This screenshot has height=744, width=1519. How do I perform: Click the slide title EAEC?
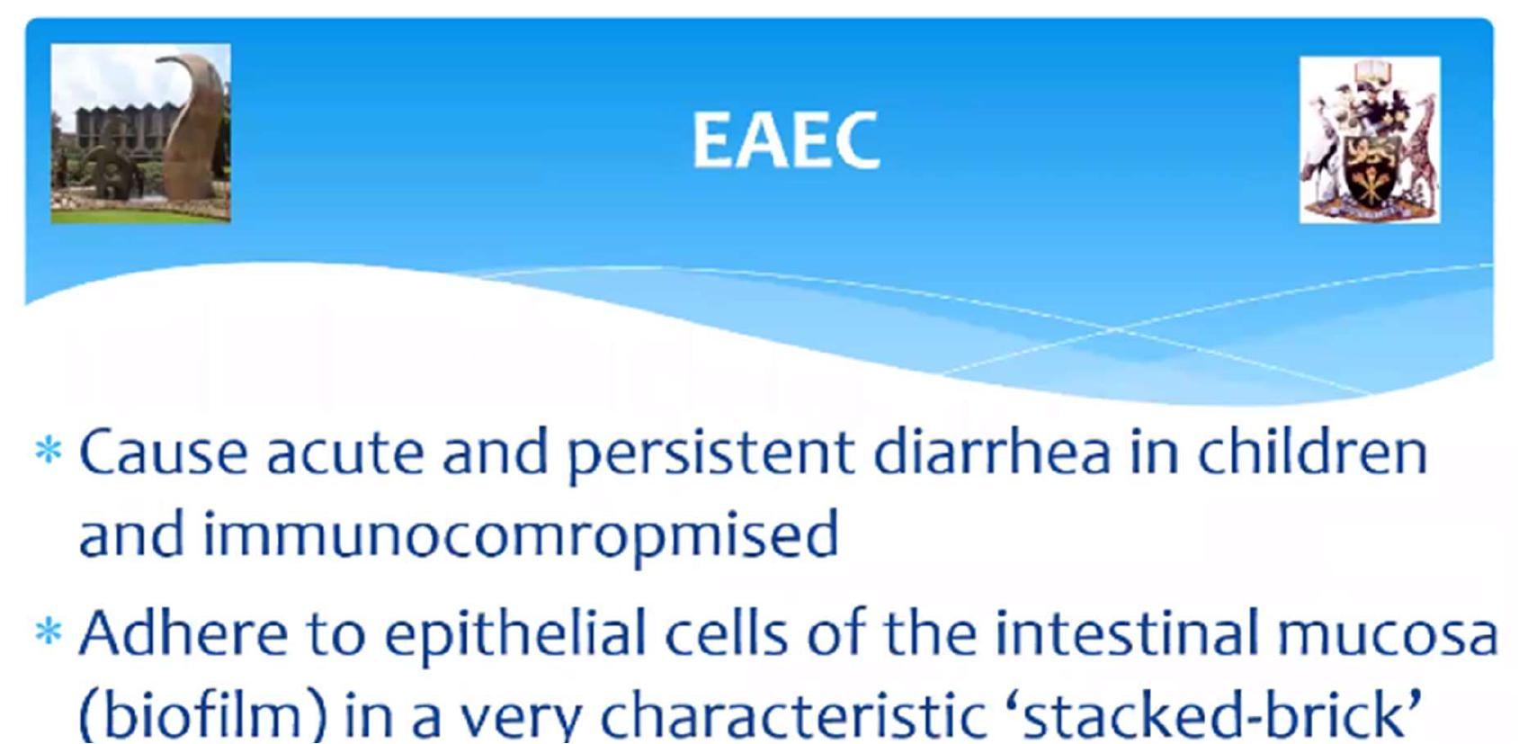coord(785,140)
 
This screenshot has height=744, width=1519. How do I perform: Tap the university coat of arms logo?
coord(1370,139)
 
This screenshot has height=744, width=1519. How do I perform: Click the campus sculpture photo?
coord(141,133)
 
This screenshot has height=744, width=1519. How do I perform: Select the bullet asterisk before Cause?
coord(49,451)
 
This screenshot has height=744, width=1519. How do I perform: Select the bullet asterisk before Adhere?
coord(49,632)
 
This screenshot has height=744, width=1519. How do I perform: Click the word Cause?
coord(164,452)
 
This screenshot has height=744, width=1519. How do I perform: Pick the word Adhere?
coord(183,632)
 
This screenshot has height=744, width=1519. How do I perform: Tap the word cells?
coord(727,632)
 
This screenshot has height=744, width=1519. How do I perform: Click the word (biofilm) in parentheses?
coord(202,716)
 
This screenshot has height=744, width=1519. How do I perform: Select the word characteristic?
coord(793,718)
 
